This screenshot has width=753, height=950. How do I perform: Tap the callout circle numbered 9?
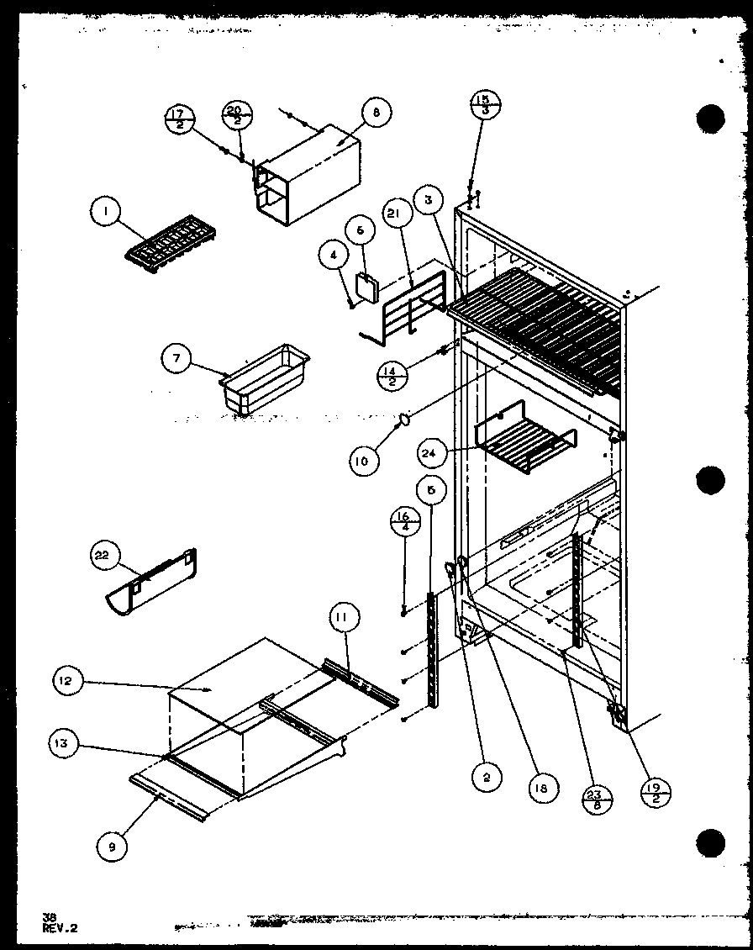(x=111, y=847)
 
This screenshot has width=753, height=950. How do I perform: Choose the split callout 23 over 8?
(x=598, y=795)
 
